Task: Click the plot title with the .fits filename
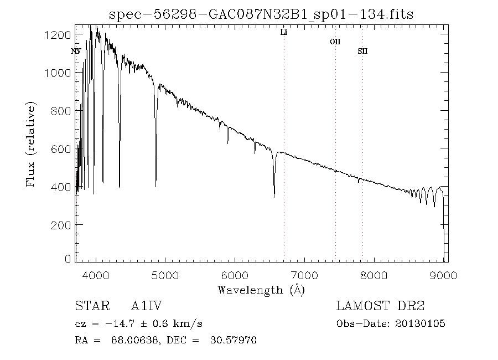[261, 13]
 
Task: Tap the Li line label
[284, 33]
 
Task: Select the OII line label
[335, 42]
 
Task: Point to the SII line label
[362, 52]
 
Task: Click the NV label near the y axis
[76, 52]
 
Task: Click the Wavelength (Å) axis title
[261, 290]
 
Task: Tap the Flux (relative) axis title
[31, 144]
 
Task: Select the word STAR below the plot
[90, 306]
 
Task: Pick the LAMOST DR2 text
[381, 306]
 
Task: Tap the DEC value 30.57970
[233, 341]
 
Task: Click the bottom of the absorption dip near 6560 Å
[274, 196]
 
